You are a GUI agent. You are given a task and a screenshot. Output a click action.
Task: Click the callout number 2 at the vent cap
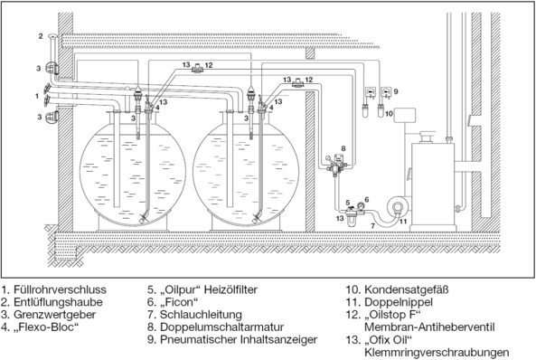click(x=41, y=36)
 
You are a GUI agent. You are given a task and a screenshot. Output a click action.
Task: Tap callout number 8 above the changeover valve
click(x=343, y=147)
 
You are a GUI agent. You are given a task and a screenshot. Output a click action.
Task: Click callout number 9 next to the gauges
click(x=395, y=91)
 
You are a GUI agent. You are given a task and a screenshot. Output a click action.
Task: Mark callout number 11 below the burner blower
click(x=404, y=222)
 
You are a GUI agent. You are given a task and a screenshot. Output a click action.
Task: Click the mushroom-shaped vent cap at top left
click(x=53, y=38)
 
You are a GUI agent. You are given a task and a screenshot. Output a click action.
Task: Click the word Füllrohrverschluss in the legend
click(x=60, y=291)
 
